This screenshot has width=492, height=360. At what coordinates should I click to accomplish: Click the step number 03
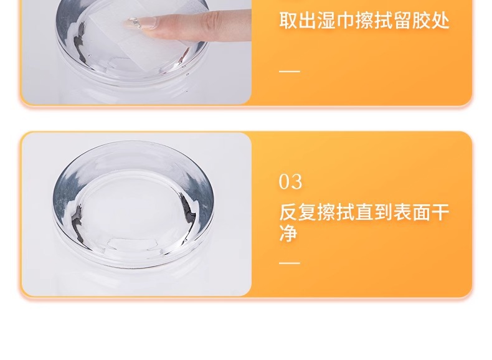tap(291, 182)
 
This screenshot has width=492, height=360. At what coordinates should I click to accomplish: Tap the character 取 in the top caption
tap(288, 21)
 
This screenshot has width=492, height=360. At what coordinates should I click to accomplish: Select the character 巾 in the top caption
tap(345, 21)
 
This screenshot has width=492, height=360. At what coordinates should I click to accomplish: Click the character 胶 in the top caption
tap(422, 21)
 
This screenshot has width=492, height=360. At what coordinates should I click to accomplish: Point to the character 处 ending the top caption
tap(440, 21)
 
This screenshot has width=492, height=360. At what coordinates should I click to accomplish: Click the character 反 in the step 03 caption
tap(288, 212)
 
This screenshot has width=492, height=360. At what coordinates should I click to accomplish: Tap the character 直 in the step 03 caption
tap(364, 212)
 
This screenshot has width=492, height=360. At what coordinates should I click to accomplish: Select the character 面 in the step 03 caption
tap(422, 212)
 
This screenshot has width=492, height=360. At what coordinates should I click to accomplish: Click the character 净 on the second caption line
tap(288, 233)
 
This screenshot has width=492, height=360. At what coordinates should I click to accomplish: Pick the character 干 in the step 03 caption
tap(440, 212)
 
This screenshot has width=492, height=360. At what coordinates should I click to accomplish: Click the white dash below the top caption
tap(290, 71)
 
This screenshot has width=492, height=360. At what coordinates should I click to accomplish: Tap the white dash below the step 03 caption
tap(290, 263)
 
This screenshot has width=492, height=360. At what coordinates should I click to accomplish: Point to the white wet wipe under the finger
tap(135, 37)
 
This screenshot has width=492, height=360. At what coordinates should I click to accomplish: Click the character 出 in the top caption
tap(308, 21)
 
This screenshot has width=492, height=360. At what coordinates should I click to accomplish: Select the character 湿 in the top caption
tap(326, 21)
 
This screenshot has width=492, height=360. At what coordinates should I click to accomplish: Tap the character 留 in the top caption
tap(402, 21)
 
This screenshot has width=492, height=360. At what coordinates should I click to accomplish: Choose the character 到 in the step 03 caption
tap(384, 212)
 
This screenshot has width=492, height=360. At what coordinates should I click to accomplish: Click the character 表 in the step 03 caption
tap(402, 212)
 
